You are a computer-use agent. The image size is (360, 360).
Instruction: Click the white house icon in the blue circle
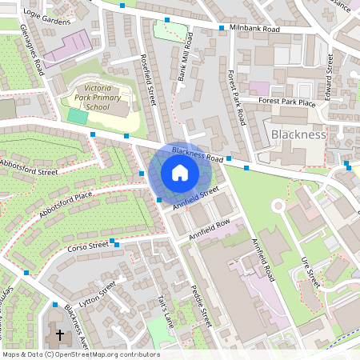click(179, 173)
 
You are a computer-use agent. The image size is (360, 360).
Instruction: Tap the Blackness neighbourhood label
click(298, 134)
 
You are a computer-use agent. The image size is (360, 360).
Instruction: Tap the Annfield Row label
click(210, 230)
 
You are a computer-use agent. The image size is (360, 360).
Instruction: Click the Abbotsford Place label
click(66, 203)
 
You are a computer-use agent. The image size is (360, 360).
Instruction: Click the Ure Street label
click(312, 273)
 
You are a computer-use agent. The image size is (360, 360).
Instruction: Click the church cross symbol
click(59, 334)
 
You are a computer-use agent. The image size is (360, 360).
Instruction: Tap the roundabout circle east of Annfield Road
click(278, 206)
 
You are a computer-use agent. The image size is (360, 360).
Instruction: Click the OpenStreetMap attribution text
click(81, 354)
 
